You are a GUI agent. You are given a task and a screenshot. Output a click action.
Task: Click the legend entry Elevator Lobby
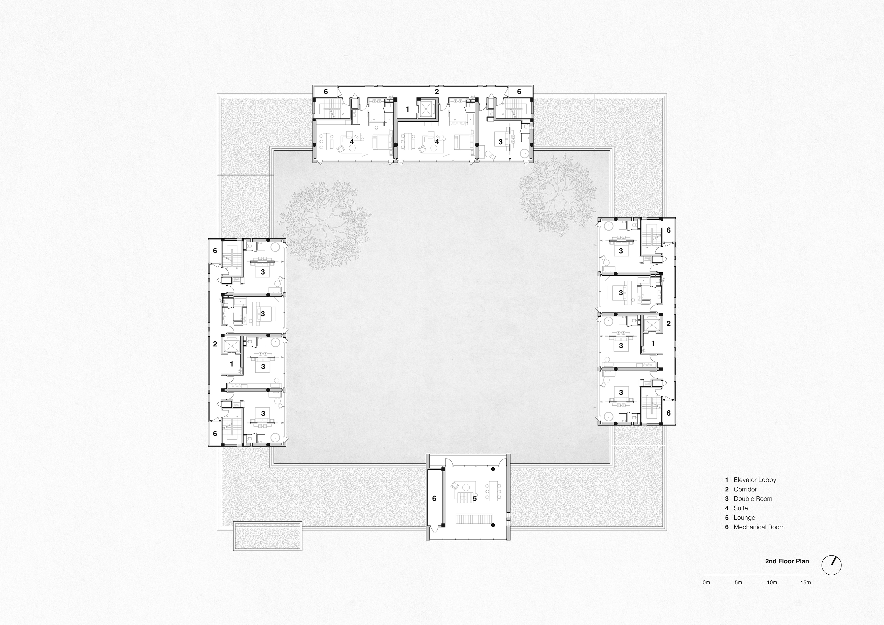(x=755, y=480)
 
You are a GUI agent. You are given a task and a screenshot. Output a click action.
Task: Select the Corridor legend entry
(x=745, y=489)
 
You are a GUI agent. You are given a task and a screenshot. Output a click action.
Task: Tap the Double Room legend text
(x=753, y=499)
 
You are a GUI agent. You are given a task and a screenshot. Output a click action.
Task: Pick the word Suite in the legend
(x=740, y=508)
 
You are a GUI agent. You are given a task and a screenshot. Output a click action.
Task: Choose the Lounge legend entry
(x=744, y=518)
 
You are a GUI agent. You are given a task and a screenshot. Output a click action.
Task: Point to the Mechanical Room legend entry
(x=759, y=527)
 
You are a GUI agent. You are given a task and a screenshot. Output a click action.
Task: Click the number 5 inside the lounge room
(x=475, y=499)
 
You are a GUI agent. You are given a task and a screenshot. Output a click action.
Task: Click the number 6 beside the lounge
(x=434, y=499)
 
